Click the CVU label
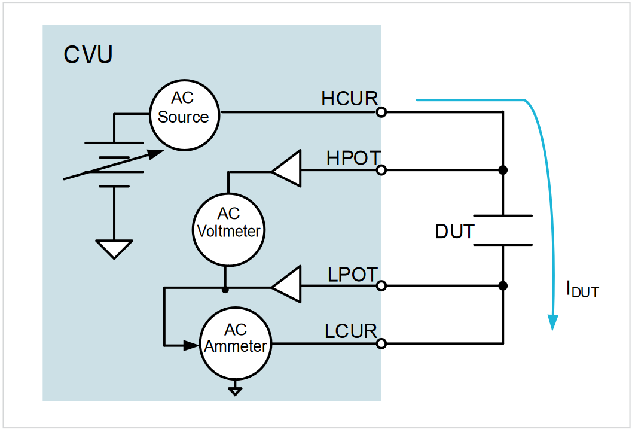[x=88, y=55]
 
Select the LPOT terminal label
[x=353, y=275]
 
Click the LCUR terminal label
[x=351, y=331]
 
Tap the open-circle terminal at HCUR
[x=381, y=112]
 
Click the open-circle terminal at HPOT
[x=381, y=171]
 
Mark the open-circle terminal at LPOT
[x=381, y=287]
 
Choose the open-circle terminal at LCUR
[x=381, y=343]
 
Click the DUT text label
[x=454, y=231]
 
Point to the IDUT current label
[x=582, y=290]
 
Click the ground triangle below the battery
[x=114, y=248]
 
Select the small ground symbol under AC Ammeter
[x=236, y=391]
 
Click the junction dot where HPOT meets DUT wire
[x=503, y=171]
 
